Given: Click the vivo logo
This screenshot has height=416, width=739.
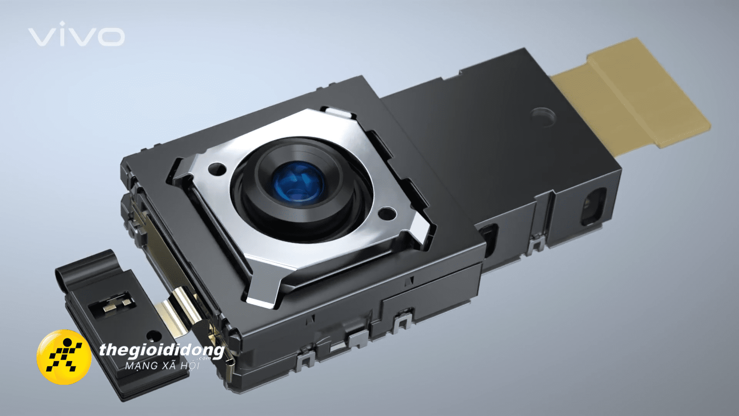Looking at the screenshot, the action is click(x=76, y=35).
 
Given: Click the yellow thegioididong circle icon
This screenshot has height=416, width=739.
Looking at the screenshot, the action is click(x=64, y=357).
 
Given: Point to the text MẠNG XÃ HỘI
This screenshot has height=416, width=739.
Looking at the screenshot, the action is click(x=162, y=365).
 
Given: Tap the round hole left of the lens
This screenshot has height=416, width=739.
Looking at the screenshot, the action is click(x=217, y=169).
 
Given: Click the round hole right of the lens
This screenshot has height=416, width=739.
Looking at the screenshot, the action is click(x=387, y=213).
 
